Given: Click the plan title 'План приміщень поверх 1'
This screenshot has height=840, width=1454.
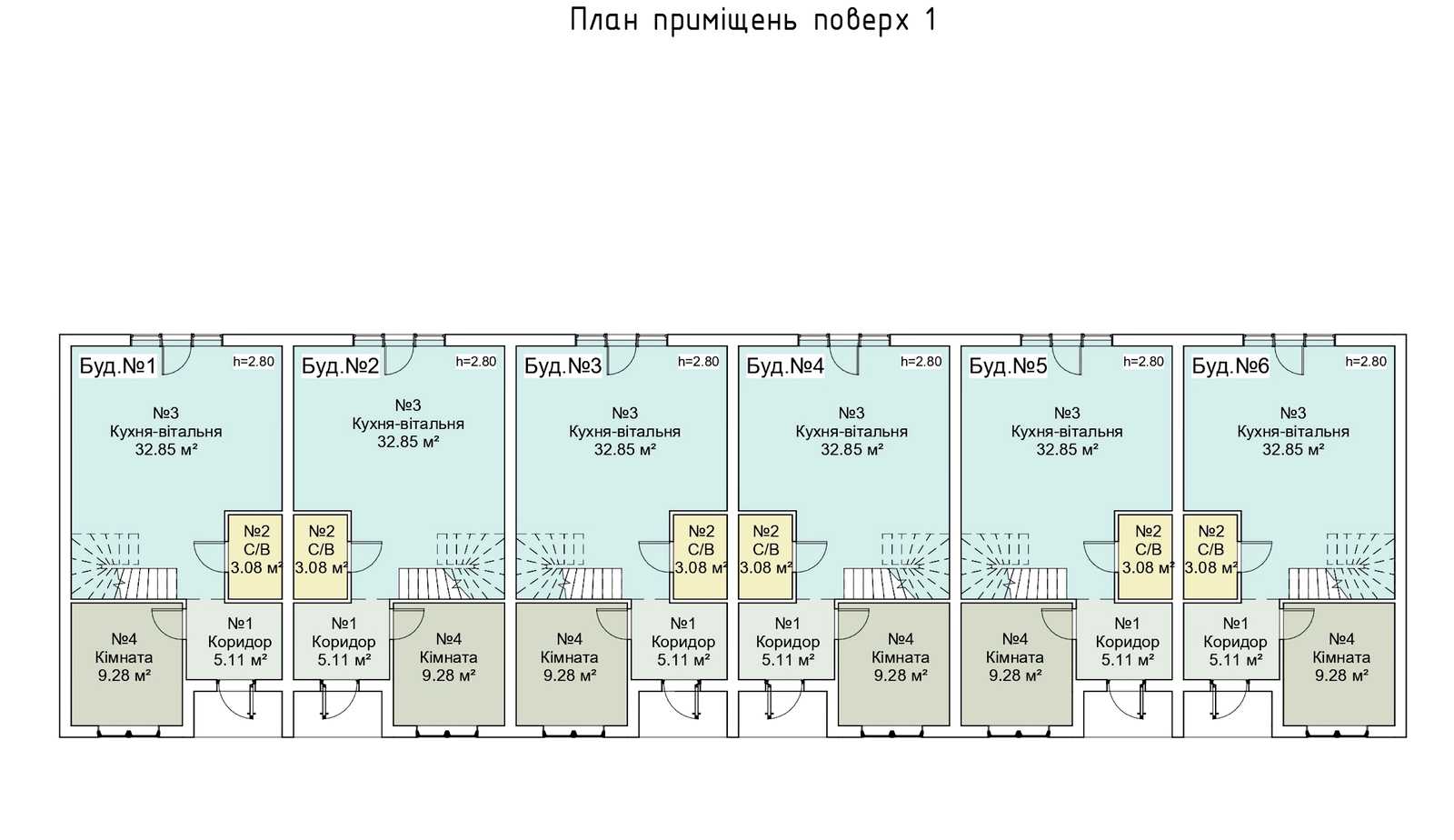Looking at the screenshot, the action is [x=753, y=20].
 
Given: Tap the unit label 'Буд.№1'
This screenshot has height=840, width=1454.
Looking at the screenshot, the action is [x=117, y=366].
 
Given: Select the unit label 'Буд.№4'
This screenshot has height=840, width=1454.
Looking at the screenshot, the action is [x=785, y=366].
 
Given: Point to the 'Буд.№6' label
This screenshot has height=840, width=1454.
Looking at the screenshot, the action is [x=1230, y=366].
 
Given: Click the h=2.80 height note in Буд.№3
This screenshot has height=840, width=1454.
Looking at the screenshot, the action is [x=699, y=362].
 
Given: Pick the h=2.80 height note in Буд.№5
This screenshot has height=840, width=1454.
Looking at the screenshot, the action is [x=1144, y=362].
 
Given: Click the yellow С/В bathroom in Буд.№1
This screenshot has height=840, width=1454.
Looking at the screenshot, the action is [x=254, y=556].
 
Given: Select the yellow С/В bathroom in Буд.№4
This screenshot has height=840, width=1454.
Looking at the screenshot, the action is [x=766, y=556].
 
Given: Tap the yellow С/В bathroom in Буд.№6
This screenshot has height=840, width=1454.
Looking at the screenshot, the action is [x=1210, y=556].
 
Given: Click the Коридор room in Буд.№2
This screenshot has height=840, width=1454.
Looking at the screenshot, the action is [x=342, y=641].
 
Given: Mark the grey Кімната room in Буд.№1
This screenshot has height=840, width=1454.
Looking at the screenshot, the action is [x=126, y=664].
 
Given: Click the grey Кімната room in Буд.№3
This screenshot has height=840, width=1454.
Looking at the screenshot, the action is [x=572, y=664].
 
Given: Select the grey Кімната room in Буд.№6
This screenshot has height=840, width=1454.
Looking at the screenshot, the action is [x=1339, y=664].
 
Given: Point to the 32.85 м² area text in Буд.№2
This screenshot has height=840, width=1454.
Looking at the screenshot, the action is [x=408, y=442].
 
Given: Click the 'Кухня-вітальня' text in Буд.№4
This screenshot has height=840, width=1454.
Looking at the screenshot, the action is [x=851, y=432].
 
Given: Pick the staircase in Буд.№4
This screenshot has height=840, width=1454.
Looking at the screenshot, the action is [x=896, y=565].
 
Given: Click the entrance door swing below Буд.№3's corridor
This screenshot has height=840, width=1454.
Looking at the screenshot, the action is [x=682, y=701].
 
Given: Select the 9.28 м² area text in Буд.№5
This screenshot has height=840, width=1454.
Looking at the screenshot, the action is [x=1015, y=675].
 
